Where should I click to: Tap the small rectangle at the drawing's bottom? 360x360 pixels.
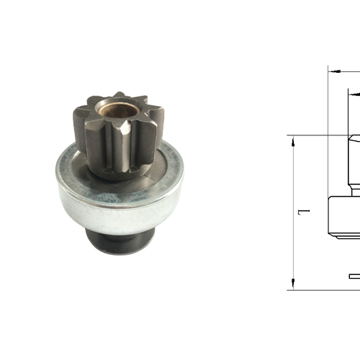point(354,276)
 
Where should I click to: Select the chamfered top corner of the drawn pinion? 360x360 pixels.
point(351,138)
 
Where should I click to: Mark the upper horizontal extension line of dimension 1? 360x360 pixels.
point(317,135)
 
